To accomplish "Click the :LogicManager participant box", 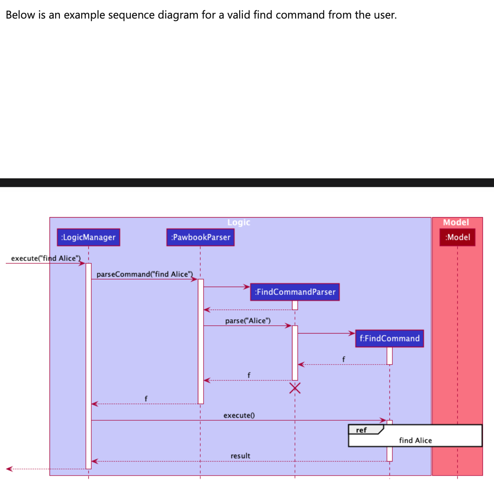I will tap(88, 237).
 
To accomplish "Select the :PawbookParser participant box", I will tap(200, 237).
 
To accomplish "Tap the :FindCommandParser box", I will tap(295, 292).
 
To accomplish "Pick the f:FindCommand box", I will tap(389, 339).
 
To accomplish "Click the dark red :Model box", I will tap(457, 237).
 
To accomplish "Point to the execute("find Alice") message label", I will tap(45, 258).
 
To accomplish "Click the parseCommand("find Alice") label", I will tap(145, 274).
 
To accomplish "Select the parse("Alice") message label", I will tap(248, 321).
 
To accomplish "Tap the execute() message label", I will tap(239, 415).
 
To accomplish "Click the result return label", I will tap(240, 456).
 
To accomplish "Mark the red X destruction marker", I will tap(295, 388).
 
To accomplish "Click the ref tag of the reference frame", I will tap(361, 430).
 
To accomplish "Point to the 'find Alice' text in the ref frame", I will tap(415, 441).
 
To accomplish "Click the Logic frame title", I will tap(239, 222).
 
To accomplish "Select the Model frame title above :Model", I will tap(456, 222).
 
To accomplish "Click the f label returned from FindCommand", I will tap(343, 359).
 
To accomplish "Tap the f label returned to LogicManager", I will tap(146, 398).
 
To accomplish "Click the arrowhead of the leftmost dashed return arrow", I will tap(9, 469).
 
